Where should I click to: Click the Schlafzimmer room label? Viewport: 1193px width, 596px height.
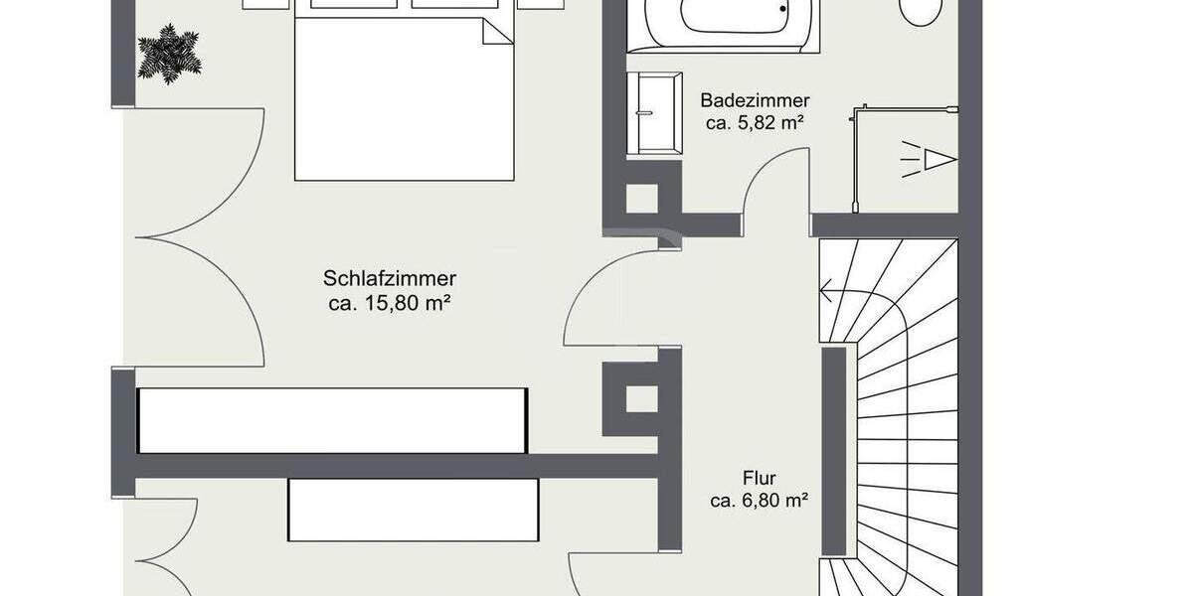click(390, 279)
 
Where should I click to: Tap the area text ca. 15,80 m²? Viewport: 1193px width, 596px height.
click(390, 304)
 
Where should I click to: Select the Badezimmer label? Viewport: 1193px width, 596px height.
click(755, 100)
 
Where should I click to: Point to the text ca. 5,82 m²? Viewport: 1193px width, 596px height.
click(755, 124)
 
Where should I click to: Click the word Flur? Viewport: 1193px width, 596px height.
click(759, 478)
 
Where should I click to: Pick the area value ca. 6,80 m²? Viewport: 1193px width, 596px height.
click(759, 502)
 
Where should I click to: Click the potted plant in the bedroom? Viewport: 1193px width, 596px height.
click(169, 54)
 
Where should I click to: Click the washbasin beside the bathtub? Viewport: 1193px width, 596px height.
click(654, 113)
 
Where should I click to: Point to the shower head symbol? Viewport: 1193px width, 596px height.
click(930, 159)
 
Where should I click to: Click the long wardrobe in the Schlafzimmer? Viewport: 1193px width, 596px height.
click(332, 420)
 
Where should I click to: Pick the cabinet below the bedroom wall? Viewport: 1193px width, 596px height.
click(413, 510)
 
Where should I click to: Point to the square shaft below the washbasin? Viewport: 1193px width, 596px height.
click(641, 198)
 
